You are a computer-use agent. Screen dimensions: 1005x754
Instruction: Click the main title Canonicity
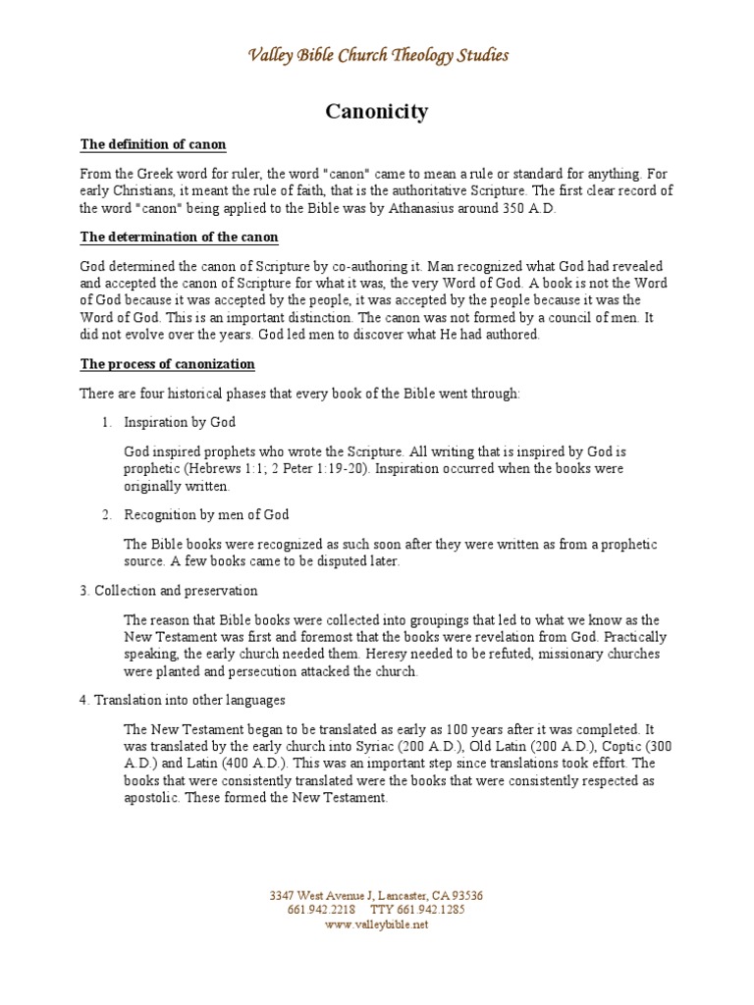pyautogui.click(x=376, y=112)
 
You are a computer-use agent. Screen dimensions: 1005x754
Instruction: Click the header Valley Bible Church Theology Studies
pyautogui.click(x=377, y=55)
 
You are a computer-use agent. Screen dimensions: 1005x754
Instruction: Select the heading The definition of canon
pyautogui.click(x=153, y=145)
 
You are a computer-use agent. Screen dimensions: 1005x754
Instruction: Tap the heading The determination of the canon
pyautogui.click(x=179, y=238)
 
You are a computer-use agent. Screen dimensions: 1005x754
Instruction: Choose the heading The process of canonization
pyautogui.click(x=167, y=364)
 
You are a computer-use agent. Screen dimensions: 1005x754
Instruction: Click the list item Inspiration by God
pyautogui.click(x=180, y=422)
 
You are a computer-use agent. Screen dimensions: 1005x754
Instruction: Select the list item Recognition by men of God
pyautogui.click(x=206, y=514)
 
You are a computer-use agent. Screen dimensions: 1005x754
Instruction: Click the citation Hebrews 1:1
pyautogui.click(x=221, y=469)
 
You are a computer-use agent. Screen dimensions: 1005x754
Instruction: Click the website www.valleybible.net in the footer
pyautogui.click(x=376, y=925)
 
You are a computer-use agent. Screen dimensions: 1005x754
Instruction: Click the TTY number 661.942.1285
pyautogui.click(x=432, y=910)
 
